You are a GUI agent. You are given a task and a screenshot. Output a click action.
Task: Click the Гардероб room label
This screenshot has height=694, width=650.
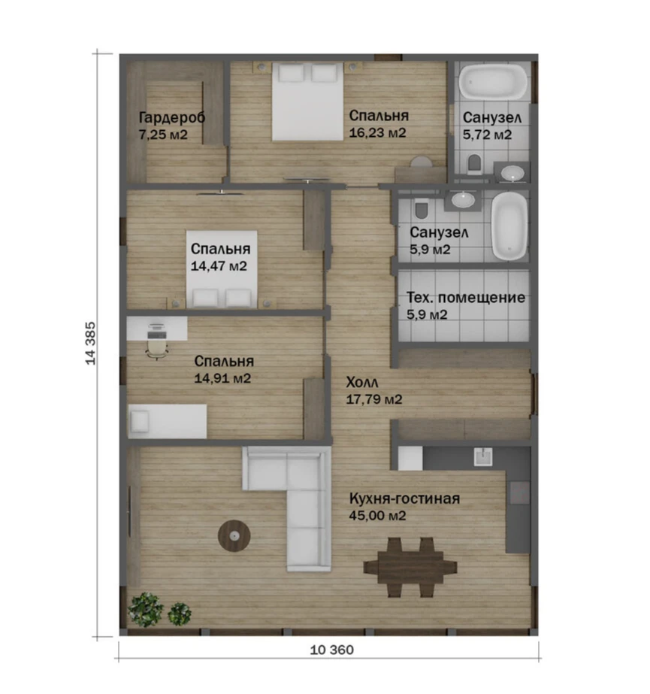172,118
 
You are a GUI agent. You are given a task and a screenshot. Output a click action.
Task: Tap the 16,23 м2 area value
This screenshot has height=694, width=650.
377,133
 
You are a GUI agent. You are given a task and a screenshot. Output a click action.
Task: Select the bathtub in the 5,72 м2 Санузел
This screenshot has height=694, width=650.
492,82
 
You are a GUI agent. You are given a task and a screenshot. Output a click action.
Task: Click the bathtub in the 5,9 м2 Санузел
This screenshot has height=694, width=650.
509,226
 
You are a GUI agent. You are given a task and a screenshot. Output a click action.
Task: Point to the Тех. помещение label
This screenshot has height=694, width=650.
466,298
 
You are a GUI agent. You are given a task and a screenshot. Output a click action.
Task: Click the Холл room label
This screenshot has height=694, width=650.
362,383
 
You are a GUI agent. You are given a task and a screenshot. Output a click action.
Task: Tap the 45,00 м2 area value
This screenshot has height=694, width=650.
377,516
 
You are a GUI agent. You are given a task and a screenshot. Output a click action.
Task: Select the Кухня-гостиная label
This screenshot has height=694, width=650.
404,499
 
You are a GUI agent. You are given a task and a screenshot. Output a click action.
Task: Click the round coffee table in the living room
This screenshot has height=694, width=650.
234,536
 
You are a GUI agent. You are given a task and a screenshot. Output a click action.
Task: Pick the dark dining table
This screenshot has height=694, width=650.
410,567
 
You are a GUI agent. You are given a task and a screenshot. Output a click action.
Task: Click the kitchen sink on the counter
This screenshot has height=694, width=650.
482,456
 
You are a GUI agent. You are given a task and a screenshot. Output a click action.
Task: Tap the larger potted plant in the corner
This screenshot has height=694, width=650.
145,610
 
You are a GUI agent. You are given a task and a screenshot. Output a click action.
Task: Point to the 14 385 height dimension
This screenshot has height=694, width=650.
90,344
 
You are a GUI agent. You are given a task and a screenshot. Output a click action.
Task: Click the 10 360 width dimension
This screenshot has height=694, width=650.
332,650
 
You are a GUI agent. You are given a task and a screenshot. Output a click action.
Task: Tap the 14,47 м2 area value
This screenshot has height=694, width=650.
219,266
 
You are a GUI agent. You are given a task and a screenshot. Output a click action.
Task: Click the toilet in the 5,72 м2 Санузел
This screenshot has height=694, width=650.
474,163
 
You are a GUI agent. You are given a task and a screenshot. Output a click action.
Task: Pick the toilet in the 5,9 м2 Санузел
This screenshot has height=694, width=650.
422,208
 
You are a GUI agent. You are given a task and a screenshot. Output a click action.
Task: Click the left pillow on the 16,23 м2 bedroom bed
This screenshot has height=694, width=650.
291,73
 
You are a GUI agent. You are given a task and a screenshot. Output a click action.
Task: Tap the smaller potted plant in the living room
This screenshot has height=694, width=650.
179,614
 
